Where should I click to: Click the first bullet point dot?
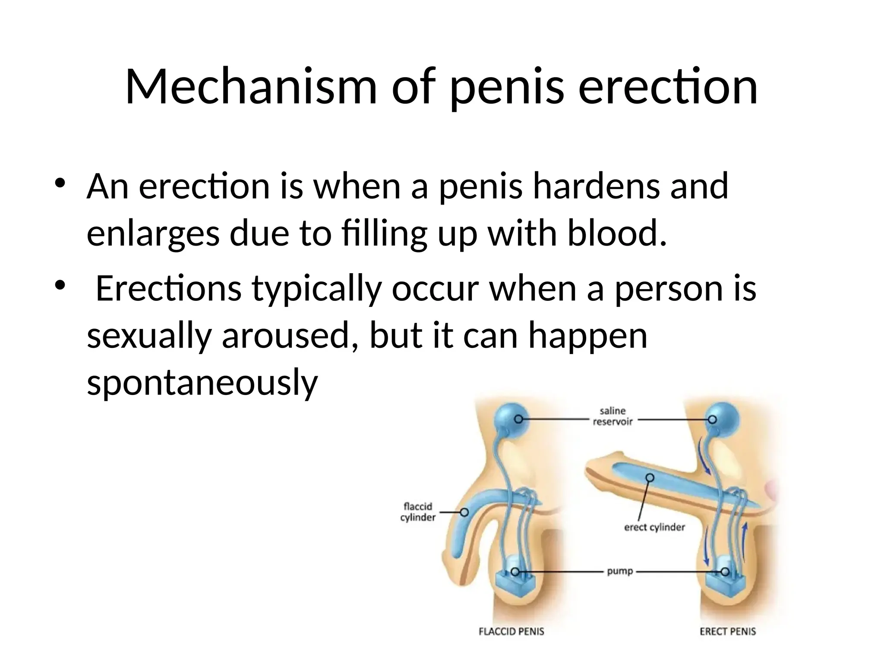[x=60, y=183]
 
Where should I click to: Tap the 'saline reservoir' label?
[x=612, y=416]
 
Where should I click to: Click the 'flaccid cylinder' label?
[x=418, y=512]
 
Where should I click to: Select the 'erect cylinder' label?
[x=654, y=527]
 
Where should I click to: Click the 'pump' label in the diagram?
[x=620, y=571]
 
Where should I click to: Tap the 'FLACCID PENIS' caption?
[x=511, y=631]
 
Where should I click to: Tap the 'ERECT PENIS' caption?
[x=728, y=631]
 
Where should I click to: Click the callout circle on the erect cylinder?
[x=650, y=477]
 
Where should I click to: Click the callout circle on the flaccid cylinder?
[x=464, y=512]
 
